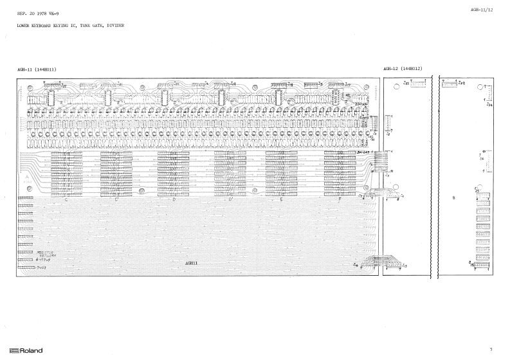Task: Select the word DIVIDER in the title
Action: click(114, 25)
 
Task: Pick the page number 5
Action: click(491, 350)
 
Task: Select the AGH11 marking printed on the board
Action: click(192, 263)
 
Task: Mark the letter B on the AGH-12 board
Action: click(453, 198)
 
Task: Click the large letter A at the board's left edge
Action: click(27, 175)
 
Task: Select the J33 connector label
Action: click(406, 83)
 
